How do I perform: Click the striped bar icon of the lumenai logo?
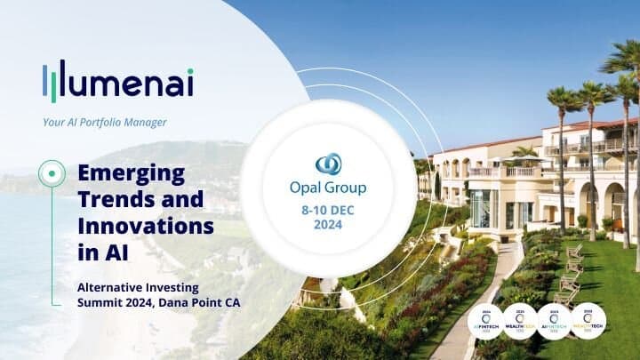point(54,82)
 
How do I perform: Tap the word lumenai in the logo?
point(131,82)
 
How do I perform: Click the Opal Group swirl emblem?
point(328,165)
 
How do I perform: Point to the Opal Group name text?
point(328,188)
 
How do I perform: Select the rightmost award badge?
point(588,321)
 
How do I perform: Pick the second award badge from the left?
point(519,321)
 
